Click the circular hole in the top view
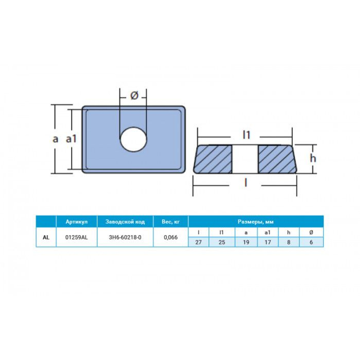pyautogui.click(x=134, y=139)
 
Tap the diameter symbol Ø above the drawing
pyautogui.click(x=134, y=96)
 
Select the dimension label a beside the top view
pyautogui.click(x=55, y=139)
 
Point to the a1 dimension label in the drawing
pyautogui.click(x=71, y=139)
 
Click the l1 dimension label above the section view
pyautogui.click(x=246, y=135)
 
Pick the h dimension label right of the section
pyautogui.click(x=313, y=158)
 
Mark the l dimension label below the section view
pyautogui.click(x=246, y=183)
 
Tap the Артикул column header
pyautogui.click(x=76, y=222)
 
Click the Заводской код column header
pyautogui.click(x=125, y=222)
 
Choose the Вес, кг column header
pyautogui.click(x=171, y=222)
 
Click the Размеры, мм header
pyautogui.click(x=256, y=222)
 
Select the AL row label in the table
pyautogui.click(x=46, y=238)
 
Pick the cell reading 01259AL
pyautogui.click(x=76, y=238)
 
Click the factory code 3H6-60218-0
pyautogui.click(x=125, y=238)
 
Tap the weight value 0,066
pyautogui.click(x=171, y=238)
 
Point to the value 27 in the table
pyautogui.click(x=198, y=242)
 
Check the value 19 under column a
pyautogui.click(x=246, y=242)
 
